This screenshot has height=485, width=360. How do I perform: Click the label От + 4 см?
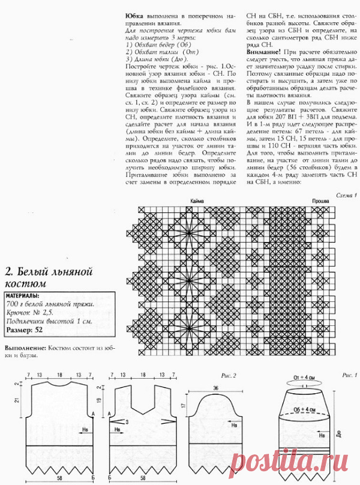[304, 377]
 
